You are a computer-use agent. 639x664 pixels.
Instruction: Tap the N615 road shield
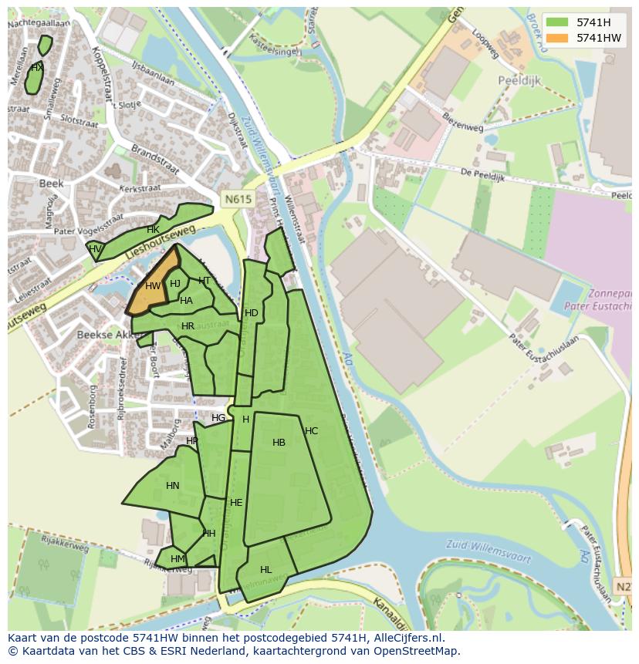(x=238, y=199)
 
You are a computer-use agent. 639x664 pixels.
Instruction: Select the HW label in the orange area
(x=153, y=286)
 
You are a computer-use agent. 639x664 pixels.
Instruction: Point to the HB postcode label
(x=279, y=443)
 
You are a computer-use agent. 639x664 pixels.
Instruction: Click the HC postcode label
(x=311, y=431)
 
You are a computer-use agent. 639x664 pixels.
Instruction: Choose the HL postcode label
(x=265, y=570)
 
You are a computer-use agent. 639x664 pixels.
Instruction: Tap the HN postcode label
(x=172, y=486)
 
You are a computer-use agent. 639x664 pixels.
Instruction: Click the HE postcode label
(x=236, y=503)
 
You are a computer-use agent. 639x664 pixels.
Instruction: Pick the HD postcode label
(x=251, y=313)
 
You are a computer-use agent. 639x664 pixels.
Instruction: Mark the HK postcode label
(x=153, y=230)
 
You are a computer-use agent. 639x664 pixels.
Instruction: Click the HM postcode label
(x=177, y=559)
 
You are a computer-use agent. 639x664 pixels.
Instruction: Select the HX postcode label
(x=36, y=68)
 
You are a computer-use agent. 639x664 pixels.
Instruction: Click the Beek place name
(x=51, y=184)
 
